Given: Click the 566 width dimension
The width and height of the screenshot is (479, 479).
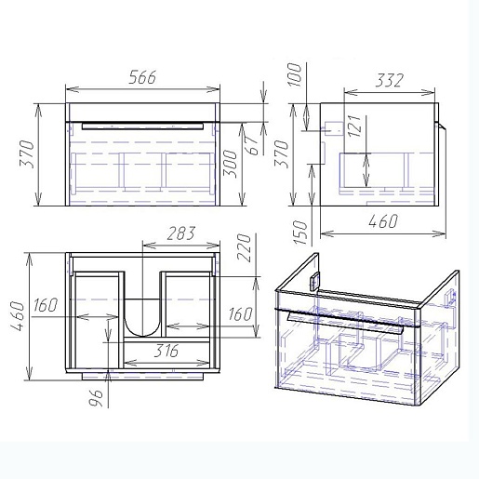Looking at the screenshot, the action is point(142,77).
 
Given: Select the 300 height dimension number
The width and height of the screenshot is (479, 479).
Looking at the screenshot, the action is point(231,164).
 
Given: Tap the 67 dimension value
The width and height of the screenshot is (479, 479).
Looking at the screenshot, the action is point(253,145).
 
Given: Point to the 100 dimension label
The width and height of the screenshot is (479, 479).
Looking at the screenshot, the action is point(294,74).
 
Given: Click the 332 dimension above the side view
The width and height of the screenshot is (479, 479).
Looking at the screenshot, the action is point(390,80).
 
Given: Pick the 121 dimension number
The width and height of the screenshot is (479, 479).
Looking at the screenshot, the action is point(354,126).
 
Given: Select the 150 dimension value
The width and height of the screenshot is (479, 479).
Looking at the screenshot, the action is point(299,233).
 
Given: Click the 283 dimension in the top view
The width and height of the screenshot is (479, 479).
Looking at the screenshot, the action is point(181,233).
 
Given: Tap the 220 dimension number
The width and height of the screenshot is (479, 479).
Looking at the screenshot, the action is point(244,247).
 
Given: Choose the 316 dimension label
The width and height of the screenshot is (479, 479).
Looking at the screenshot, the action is point(166,351).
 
